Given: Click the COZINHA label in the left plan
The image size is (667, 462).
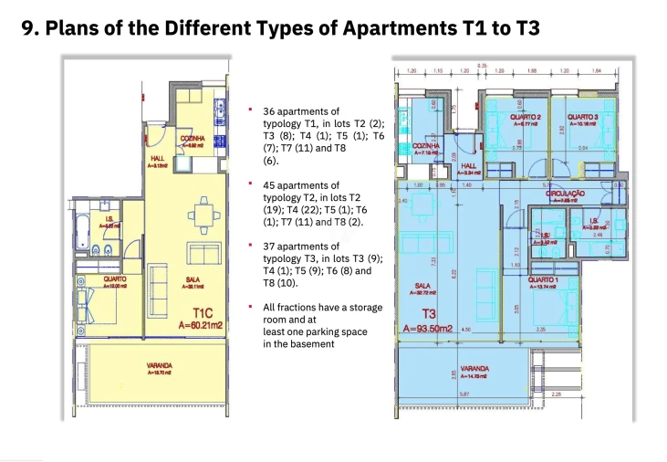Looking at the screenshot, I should (x=193, y=138).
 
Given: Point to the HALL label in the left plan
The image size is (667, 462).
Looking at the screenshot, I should (x=156, y=159).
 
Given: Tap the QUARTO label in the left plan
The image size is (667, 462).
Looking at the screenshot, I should (x=115, y=279).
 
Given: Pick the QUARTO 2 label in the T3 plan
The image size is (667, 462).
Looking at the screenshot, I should (x=525, y=118).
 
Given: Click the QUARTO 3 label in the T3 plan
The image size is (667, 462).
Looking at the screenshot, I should (x=582, y=118).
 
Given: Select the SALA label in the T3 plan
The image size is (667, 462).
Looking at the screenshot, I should (x=422, y=286).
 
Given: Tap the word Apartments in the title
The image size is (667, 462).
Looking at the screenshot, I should (x=393, y=28).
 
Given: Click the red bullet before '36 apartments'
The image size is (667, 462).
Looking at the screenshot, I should (x=250, y=110).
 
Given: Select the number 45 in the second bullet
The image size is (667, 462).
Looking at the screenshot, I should (x=270, y=185).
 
